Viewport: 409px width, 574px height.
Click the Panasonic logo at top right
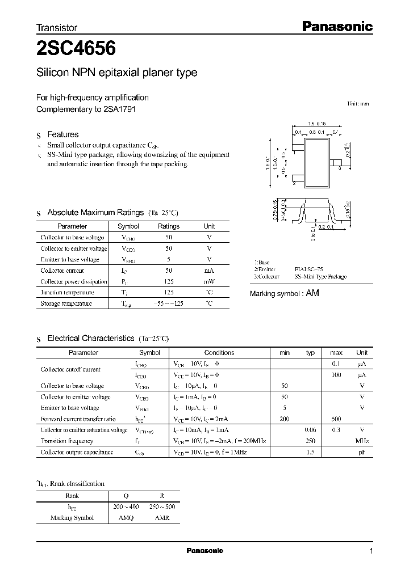point(336,26)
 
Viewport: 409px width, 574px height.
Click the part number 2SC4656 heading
point(76,49)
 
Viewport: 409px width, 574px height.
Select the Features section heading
point(62,134)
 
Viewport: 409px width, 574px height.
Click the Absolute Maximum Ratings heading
point(95,212)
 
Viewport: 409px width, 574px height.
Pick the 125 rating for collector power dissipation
point(168,281)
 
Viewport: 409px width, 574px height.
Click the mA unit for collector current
point(209,271)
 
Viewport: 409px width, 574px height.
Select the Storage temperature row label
point(66,303)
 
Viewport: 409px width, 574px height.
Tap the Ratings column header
point(168,226)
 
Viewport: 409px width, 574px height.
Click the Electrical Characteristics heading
point(90,338)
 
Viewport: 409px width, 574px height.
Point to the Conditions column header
point(219,352)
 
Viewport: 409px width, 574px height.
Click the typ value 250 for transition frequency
point(310,441)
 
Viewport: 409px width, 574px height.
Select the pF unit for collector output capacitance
point(362,452)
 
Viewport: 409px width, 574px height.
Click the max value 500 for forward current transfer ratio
point(336,419)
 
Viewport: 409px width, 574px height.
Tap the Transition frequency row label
point(66,441)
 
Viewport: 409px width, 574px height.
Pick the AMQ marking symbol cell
point(125,518)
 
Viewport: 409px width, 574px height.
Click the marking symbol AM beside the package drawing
point(313,293)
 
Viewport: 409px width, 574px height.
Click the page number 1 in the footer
point(370,551)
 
